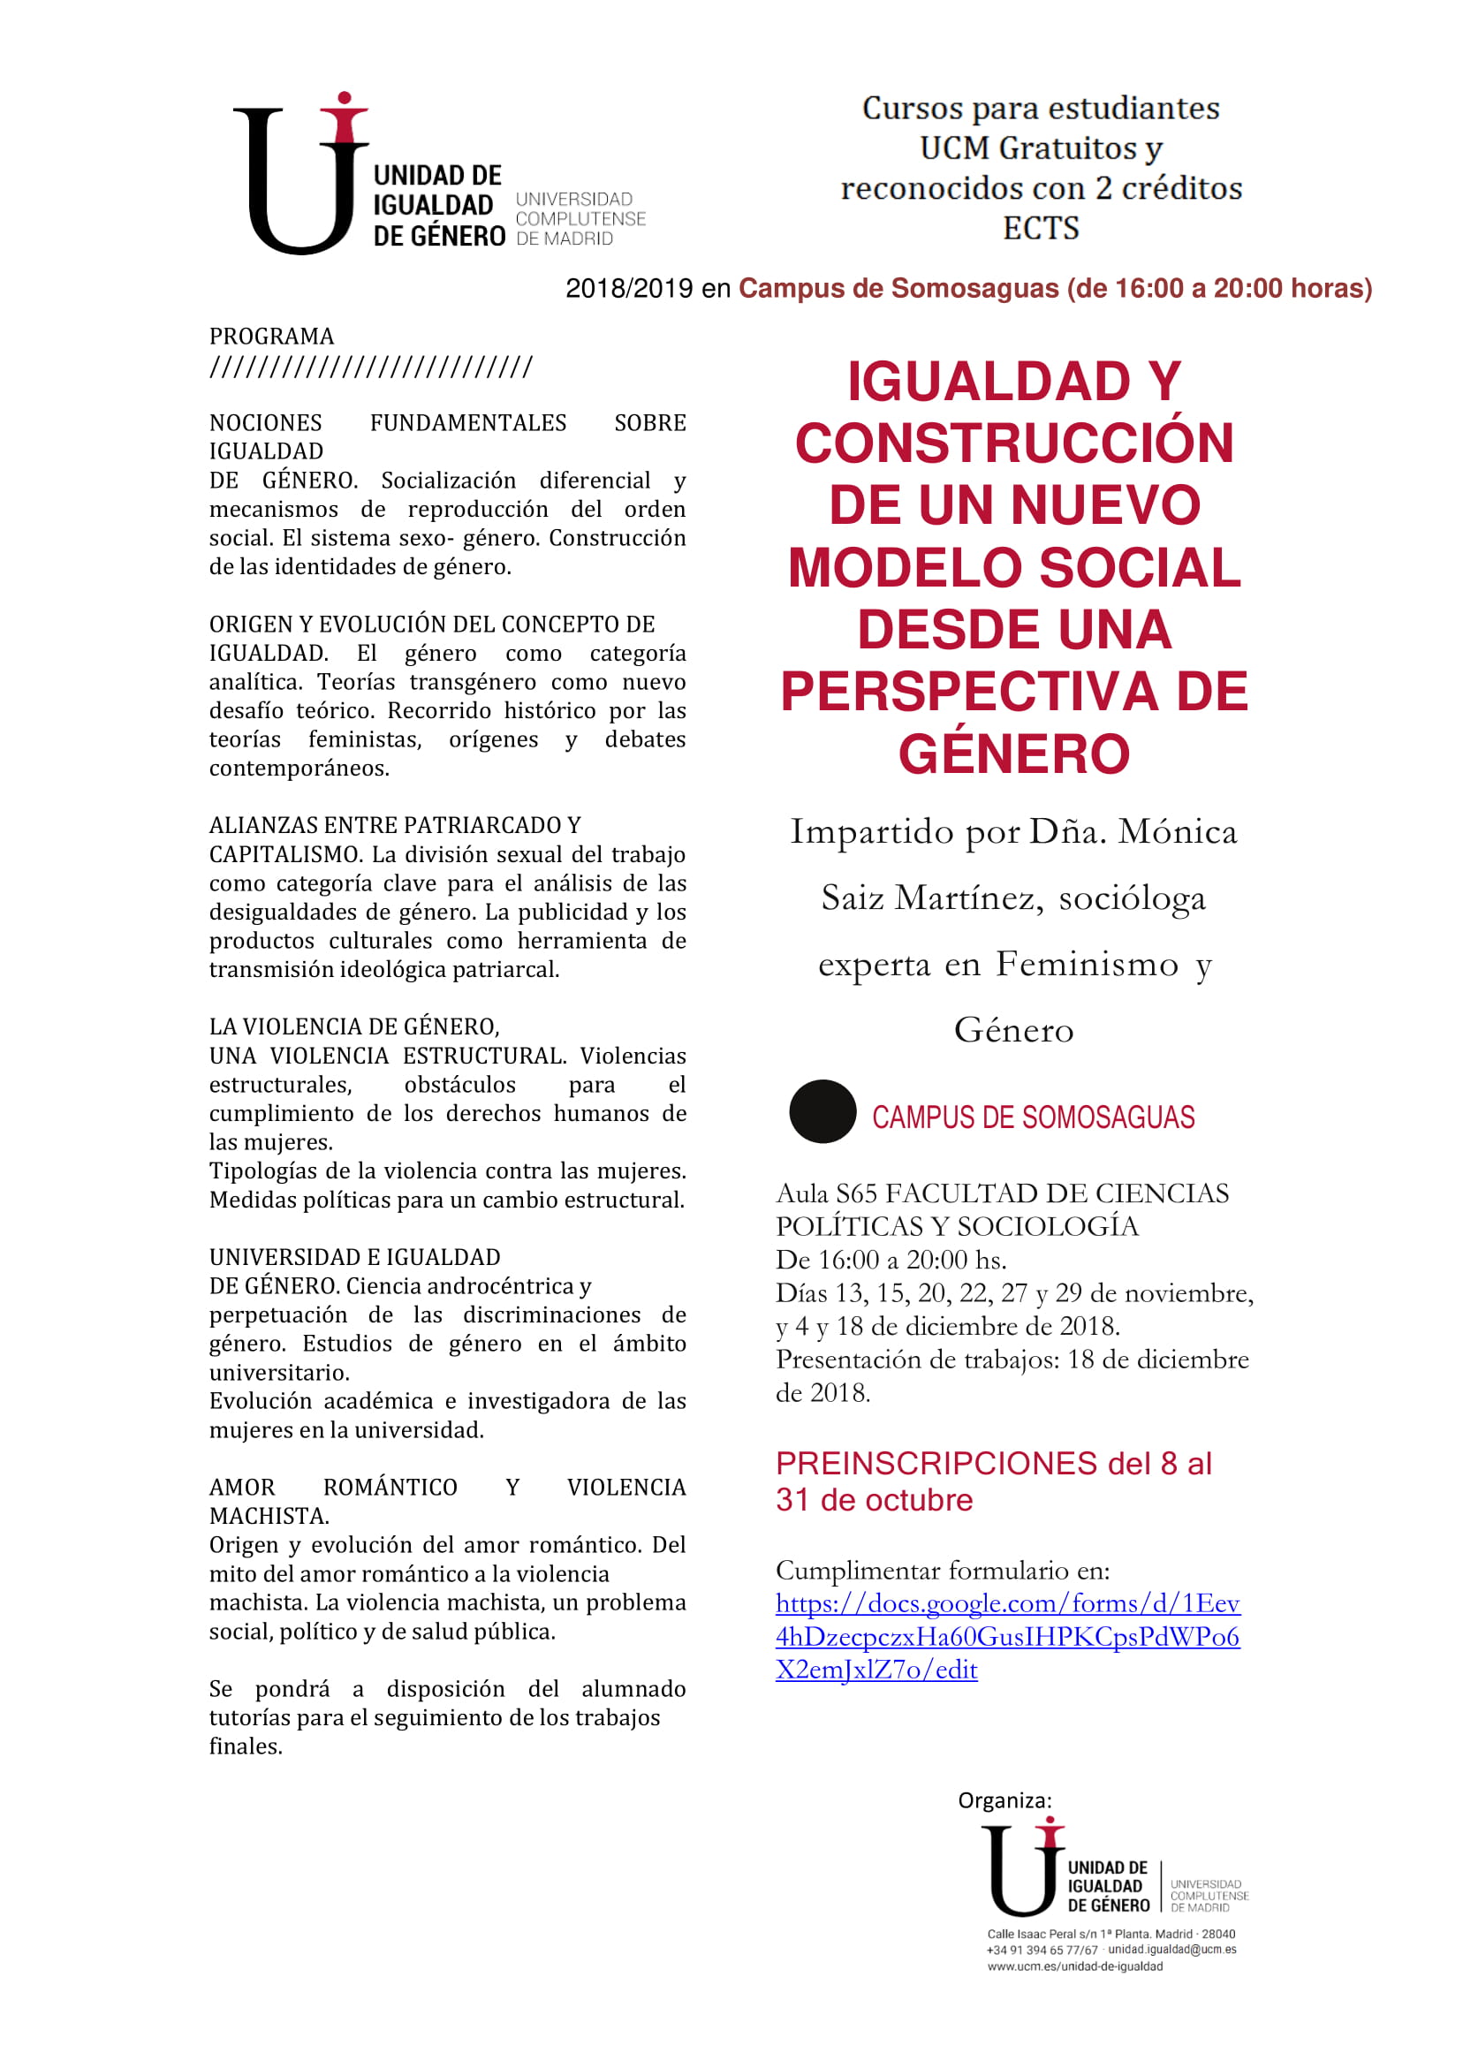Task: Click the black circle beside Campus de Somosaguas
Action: tap(822, 1111)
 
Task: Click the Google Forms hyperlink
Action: tap(1007, 1636)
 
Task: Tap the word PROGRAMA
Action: tap(271, 337)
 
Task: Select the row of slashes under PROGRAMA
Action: tap(370, 367)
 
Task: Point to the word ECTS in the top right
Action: tap(1041, 228)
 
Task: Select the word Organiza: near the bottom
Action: tap(1004, 1800)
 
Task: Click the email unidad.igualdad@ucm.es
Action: tap(1172, 1950)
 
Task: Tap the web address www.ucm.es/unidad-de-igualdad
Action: tap(1075, 1966)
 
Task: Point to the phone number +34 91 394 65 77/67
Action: tap(1042, 1950)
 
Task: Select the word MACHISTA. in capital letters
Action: tap(269, 1516)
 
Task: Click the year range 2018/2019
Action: tap(629, 288)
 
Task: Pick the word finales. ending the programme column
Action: tap(246, 1746)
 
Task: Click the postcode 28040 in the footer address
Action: tap(1218, 1934)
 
